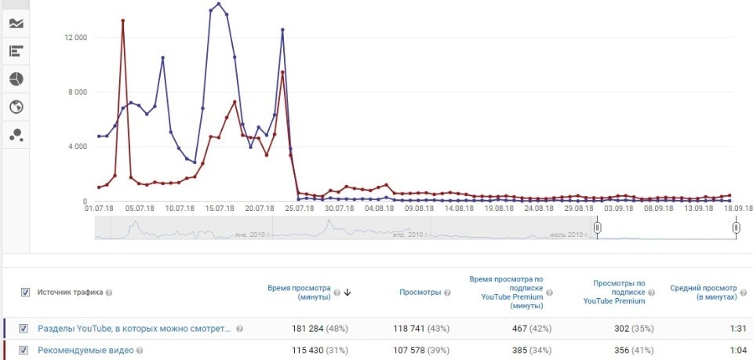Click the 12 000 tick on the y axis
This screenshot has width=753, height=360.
(x=75, y=38)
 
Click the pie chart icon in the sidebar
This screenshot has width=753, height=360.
(x=16, y=79)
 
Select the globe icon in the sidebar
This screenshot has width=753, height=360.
(x=16, y=107)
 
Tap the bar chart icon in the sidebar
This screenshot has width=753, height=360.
(x=16, y=52)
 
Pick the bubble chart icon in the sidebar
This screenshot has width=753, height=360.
(x=16, y=135)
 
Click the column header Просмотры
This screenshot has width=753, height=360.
(x=420, y=293)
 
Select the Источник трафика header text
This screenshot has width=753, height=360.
(x=70, y=293)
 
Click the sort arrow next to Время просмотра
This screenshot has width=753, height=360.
(x=347, y=293)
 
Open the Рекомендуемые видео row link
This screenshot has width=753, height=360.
(x=90, y=351)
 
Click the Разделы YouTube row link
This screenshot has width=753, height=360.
(x=134, y=329)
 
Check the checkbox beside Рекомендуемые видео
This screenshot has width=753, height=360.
(x=24, y=351)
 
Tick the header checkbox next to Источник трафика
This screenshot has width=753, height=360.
(x=25, y=293)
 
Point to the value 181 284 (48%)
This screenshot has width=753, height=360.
(x=316, y=329)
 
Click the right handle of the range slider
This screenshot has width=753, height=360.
(x=736, y=227)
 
